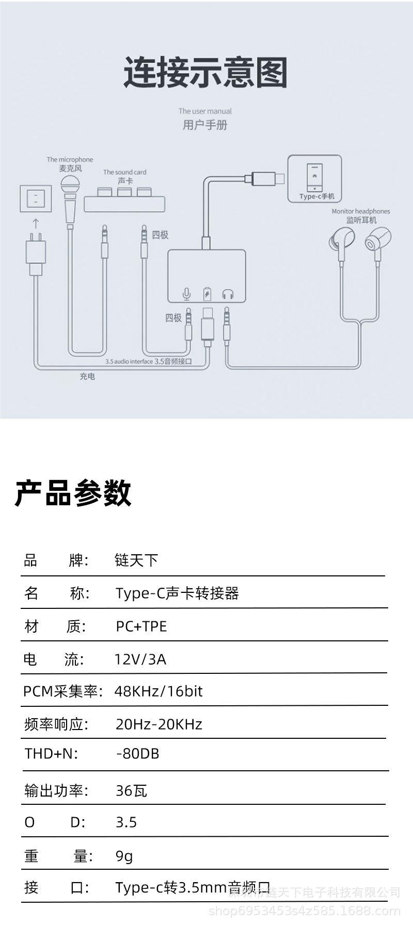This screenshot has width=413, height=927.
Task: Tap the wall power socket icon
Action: pyautogui.click(x=35, y=197)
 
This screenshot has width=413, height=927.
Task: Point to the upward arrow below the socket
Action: pyautogui.click(x=35, y=223)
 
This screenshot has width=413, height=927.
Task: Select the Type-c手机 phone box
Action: pyautogui.click(x=314, y=178)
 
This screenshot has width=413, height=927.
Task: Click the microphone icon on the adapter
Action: pyautogui.click(x=186, y=294)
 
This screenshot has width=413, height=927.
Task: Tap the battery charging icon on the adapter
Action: pyautogui.click(x=207, y=293)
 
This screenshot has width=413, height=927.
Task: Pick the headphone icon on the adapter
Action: pyautogui.click(x=228, y=294)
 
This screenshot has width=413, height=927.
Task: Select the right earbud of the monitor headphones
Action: pyautogui.click(x=377, y=242)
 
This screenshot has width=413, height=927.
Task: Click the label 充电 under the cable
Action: pyautogui.click(x=87, y=376)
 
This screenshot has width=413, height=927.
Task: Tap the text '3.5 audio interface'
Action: pyautogui.click(x=129, y=361)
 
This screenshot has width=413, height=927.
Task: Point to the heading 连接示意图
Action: pyautogui.click(x=205, y=73)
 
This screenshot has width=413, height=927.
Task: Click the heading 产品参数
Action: pyautogui.click(x=73, y=493)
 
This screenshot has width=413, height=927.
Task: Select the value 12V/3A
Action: pyautogui.click(x=140, y=659)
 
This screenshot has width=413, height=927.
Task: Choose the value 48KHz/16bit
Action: pyautogui.click(x=158, y=691)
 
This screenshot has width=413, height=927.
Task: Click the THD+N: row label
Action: pyautogui.click(x=51, y=753)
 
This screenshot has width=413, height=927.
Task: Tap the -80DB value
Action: pyautogui.click(x=138, y=753)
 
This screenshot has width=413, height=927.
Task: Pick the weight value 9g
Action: pyautogui.click(x=124, y=856)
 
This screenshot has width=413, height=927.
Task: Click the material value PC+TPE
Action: pyautogui.click(x=141, y=626)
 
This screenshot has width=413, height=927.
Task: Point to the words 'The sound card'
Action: pyautogui.click(x=124, y=172)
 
